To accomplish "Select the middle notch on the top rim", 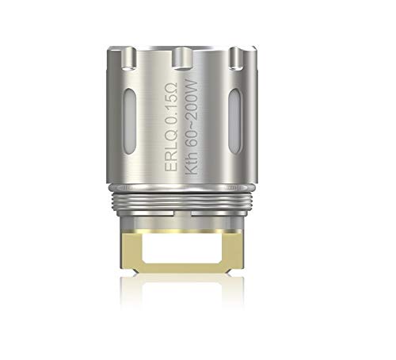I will tap(182, 56).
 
